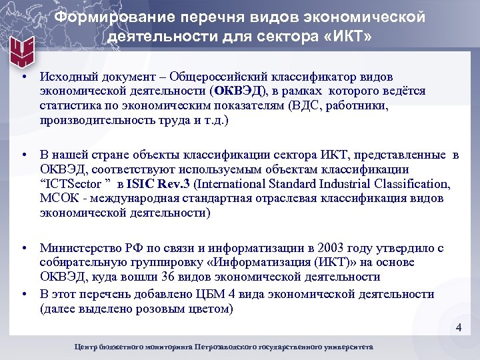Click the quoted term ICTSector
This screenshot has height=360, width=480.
click(73, 184)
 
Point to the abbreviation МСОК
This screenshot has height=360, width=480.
click(59, 199)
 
